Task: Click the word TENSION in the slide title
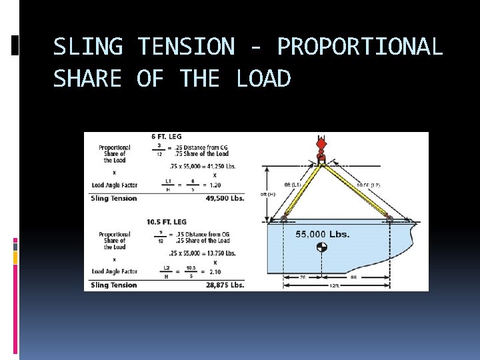(185, 47)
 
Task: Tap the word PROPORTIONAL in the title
(359, 47)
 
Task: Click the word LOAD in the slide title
(263, 79)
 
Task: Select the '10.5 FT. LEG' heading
(166, 221)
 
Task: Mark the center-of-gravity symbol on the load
(322, 247)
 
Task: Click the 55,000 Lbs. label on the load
(323, 234)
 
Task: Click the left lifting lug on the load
(284, 218)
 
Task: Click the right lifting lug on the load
(390, 218)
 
